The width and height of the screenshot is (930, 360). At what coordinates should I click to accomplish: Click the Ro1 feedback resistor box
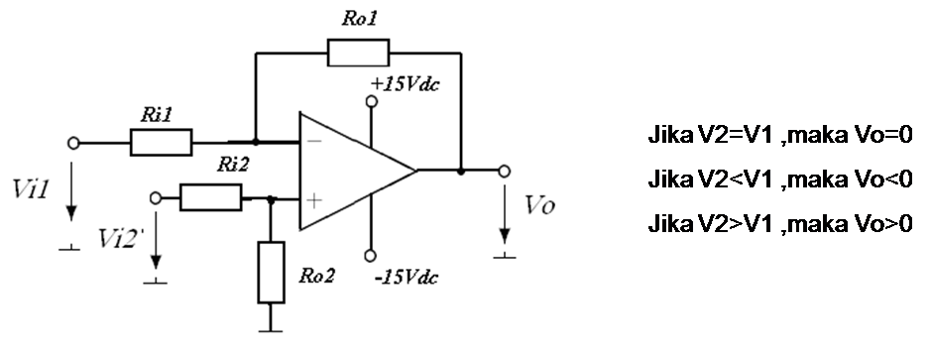(x=358, y=52)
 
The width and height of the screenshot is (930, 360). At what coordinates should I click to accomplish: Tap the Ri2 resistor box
(x=210, y=198)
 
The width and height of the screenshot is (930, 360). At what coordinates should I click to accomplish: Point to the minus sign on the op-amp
(x=313, y=143)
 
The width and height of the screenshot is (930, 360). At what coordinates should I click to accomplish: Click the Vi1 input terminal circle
(x=72, y=143)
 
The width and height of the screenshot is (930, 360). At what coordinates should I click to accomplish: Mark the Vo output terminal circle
(x=506, y=171)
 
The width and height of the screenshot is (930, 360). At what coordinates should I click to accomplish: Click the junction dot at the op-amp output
(x=461, y=171)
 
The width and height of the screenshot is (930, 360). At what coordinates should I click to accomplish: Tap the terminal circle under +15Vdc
(x=372, y=101)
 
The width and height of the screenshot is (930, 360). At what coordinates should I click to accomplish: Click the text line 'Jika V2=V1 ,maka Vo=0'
(x=778, y=135)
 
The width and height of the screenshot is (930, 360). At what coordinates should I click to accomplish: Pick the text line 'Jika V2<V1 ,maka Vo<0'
(x=778, y=180)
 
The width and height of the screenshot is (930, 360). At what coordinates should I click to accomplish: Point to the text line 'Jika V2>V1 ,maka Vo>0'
(x=778, y=224)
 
